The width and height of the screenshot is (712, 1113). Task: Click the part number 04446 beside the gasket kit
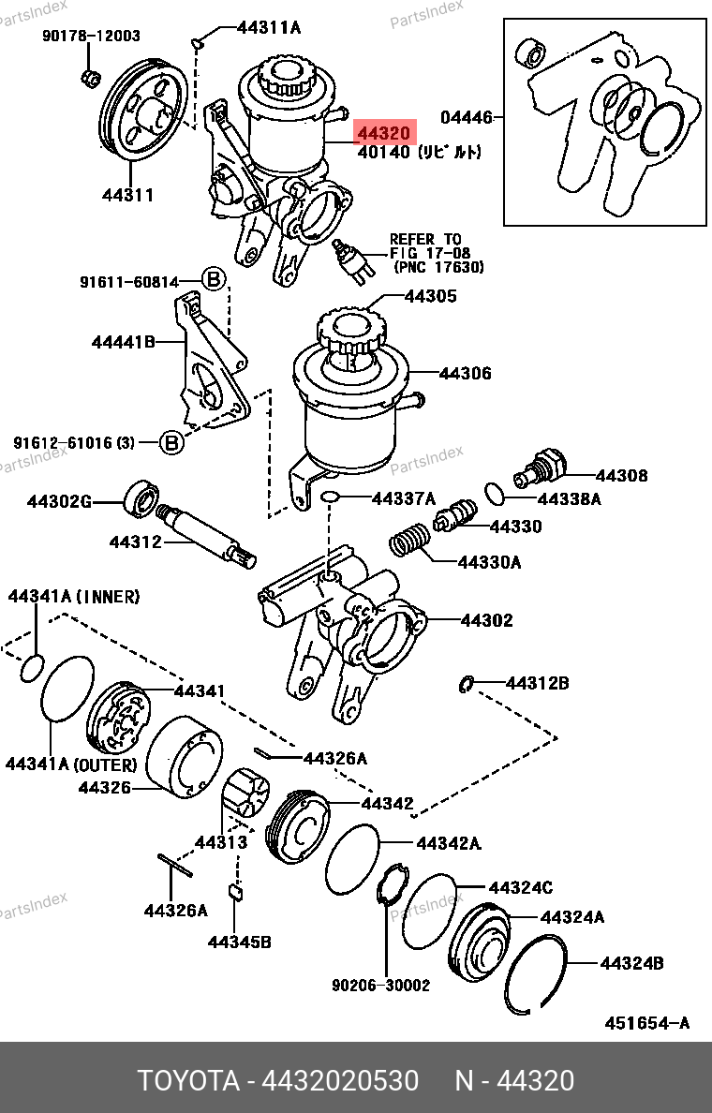coord(466,118)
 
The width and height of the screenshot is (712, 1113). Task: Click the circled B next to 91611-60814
coord(214,279)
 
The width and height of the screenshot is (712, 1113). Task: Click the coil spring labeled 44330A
coord(409,543)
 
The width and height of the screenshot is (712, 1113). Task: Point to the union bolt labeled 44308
coord(541,466)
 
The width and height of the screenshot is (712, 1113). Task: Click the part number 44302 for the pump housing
coord(486,620)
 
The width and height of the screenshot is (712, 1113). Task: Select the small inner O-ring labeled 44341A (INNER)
coord(31,667)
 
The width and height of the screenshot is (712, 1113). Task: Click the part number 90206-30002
coord(380,986)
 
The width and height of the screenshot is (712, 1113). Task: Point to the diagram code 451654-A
coord(645,1023)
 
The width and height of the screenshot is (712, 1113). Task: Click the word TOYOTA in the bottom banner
coord(187,1080)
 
